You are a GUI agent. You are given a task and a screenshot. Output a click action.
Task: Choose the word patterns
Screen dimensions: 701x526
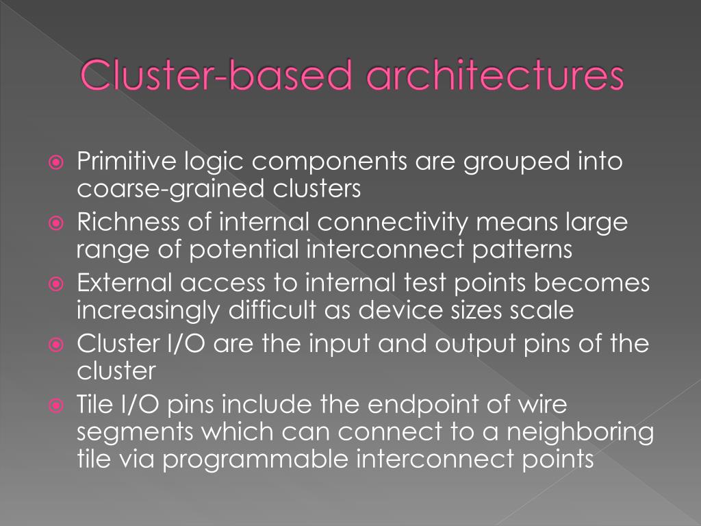pyautogui.click(x=522, y=249)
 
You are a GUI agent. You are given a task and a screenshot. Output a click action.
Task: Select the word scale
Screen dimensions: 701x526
pyautogui.click(x=541, y=310)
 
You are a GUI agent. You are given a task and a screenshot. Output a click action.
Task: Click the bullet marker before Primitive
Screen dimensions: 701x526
pyautogui.click(x=57, y=164)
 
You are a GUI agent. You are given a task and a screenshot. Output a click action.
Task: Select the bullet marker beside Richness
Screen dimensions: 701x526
pyautogui.click(x=57, y=224)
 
